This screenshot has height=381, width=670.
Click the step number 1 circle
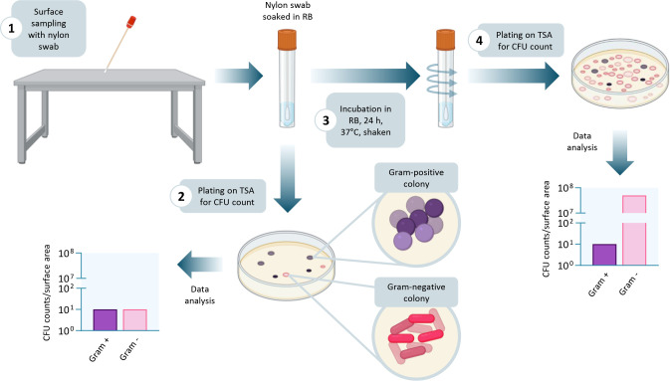pos(12,29)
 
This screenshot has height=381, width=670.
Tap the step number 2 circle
pos(181,197)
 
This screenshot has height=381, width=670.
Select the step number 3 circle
pos(326,120)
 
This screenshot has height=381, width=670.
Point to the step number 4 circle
pos(479,40)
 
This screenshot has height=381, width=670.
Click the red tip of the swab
pos(130,22)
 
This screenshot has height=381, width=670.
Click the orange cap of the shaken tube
pos(445,40)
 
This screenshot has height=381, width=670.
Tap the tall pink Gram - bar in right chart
pos(634,230)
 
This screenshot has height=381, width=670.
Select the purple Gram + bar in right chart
pos(604,255)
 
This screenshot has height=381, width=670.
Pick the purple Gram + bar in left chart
pos(106,320)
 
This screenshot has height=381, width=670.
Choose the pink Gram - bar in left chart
pos(135,320)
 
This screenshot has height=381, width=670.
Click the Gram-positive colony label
pos(416,178)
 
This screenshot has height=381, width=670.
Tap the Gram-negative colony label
pos(416,292)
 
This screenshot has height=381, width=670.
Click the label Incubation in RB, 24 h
pos(365,115)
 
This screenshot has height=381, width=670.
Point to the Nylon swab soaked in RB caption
pos(287,11)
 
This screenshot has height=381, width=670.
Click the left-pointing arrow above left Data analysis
pos(200,265)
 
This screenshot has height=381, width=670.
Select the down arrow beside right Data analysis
pos(619,152)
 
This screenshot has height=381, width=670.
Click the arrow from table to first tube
pos(239,76)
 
